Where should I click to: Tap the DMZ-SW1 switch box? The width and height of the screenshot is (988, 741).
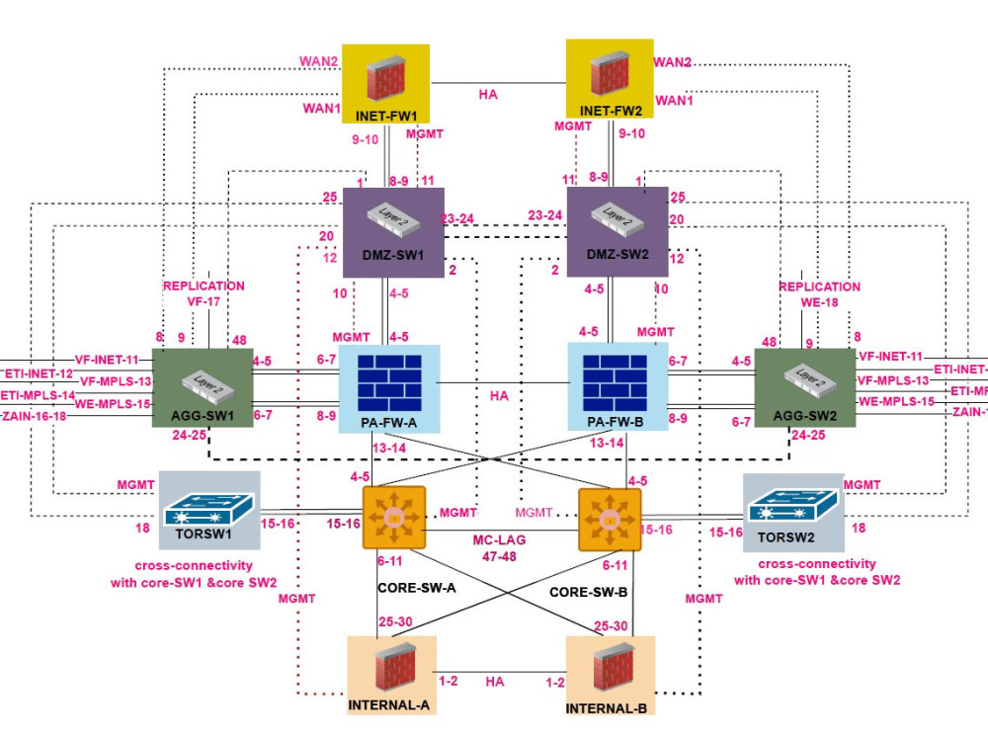point(393,231)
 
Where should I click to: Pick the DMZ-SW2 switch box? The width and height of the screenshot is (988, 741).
point(617,231)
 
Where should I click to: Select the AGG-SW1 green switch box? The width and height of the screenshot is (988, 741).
point(195,387)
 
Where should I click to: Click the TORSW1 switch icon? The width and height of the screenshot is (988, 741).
point(209,510)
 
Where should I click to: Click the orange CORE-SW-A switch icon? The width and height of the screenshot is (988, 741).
point(393,517)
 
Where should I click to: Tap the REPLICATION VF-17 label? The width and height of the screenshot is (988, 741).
point(204,293)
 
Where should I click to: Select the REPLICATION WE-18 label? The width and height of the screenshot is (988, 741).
point(819,293)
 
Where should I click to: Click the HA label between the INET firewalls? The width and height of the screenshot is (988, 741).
point(488,94)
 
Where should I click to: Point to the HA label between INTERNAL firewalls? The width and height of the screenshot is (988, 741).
point(495,682)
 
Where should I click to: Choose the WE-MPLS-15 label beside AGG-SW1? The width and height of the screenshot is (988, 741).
point(116,403)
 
